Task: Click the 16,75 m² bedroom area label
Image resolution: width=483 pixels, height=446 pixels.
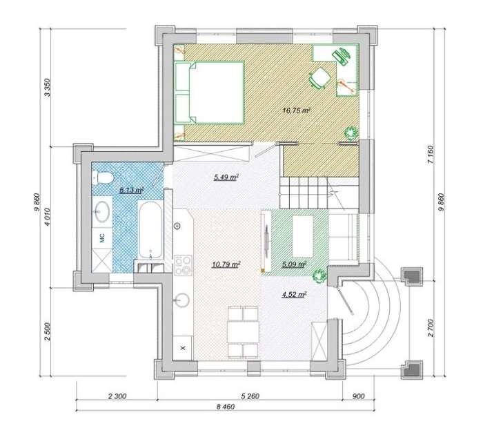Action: click(x=296, y=110)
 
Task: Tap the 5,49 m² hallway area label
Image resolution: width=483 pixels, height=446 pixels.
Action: click(x=226, y=177)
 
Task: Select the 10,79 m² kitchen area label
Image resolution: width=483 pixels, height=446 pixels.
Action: click(x=226, y=264)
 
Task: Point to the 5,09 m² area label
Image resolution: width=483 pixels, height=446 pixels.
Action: click(x=294, y=264)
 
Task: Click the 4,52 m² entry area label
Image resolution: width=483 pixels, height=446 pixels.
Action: click(x=294, y=294)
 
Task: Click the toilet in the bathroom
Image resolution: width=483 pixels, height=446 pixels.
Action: click(x=103, y=178)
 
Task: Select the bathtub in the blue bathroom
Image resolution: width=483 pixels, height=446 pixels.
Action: click(x=150, y=230)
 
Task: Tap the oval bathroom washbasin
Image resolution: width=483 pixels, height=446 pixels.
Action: click(x=102, y=211)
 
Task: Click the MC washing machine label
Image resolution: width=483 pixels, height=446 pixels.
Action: click(x=102, y=237)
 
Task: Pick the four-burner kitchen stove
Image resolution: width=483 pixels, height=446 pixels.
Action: click(x=183, y=265)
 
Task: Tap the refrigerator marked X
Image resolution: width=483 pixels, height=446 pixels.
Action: click(x=183, y=348)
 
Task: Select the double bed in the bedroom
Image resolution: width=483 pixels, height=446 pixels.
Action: click(x=210, y=93)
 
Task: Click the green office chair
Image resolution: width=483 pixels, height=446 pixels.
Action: click(x=319, y=77)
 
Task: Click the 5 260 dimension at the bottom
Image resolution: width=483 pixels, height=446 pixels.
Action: click(x=250, y=396)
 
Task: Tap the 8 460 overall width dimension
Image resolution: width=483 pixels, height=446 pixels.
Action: click(x=225, y=407)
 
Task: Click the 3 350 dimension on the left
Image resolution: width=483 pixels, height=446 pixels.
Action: click(x=48, y=88)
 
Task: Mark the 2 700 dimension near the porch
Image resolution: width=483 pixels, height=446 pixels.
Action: click(x=431, y=328)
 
